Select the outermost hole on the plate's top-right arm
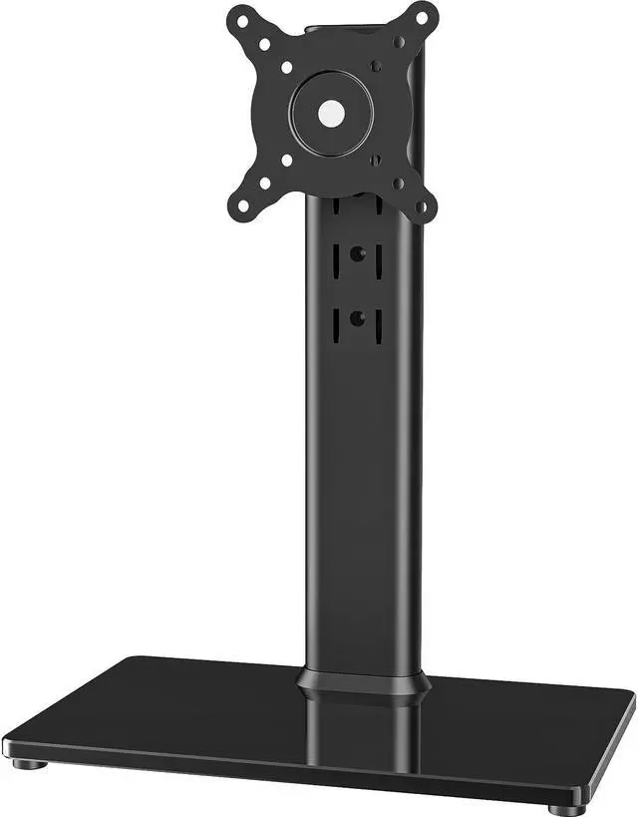coord(421,17)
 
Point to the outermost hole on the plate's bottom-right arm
coord(421,208)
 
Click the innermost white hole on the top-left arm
coord(286,68)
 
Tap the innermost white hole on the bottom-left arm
coord(286,160)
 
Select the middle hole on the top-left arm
coord(264,44)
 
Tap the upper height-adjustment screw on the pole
coord(356,254)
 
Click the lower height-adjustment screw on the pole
coord(356,319)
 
